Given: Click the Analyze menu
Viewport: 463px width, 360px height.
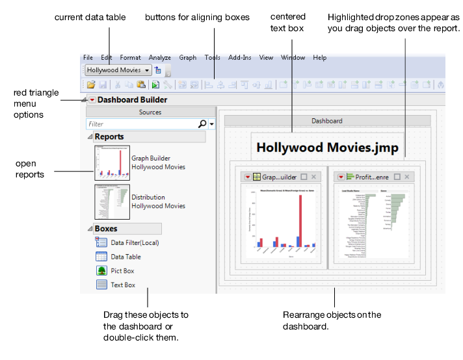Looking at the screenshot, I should click(x=159, y=58).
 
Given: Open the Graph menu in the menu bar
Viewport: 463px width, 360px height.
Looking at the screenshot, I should click(x=187, y=58).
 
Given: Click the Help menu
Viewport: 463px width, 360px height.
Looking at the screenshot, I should click(x=319, y=58).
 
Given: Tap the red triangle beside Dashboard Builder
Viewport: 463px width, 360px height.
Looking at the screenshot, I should click(x=92, y=100).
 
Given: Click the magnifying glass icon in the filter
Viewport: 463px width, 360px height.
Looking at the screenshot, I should click(x=202, y=123).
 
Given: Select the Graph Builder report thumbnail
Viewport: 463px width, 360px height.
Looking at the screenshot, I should click(x=112, y=162).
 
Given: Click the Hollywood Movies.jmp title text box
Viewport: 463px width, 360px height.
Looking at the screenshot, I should click(x=327, y=146).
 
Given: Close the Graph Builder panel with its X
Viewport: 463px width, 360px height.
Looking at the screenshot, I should click(x=313, y=177).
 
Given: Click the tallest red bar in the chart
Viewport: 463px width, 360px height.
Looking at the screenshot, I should click(x=300, y=221).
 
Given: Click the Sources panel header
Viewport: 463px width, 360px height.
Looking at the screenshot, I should click(x=150, y=112).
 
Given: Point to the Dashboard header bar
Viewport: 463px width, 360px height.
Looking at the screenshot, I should click(x=327, y=121).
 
